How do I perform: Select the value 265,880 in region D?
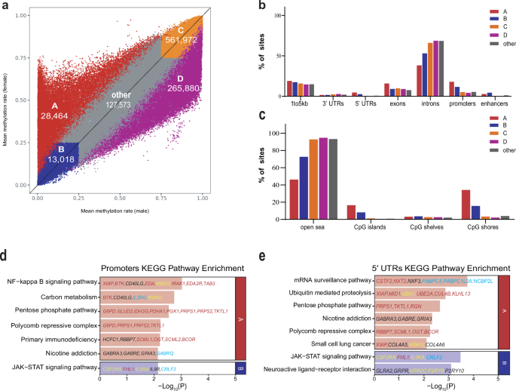tap(185, 88)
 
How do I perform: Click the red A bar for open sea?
tap(293, 199)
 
